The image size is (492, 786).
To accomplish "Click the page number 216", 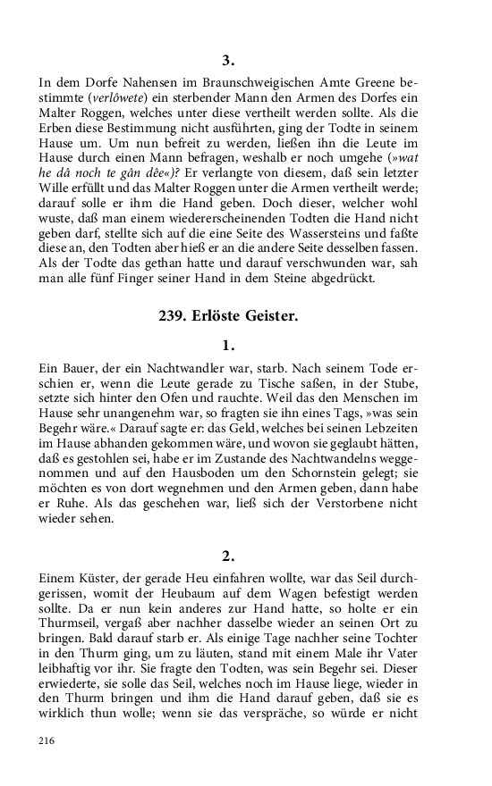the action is [x=48, y=741].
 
